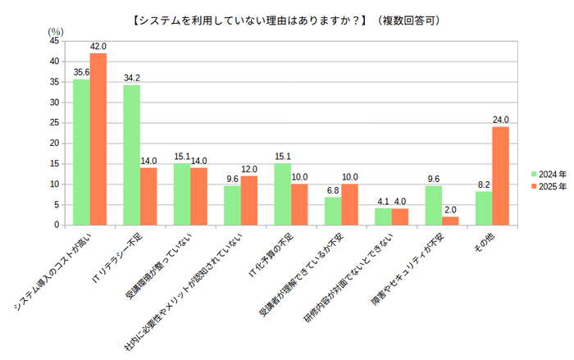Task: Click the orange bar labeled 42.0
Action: click(x=98, y=139)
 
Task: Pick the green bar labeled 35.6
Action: click(x=81, y=152)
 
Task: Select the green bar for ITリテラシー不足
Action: click(x=131, y=155)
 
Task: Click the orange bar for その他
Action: click(x=500, y=175)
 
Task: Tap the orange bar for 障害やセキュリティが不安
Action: click(x=450, y=221)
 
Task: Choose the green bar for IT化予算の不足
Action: click(x=282, y=194)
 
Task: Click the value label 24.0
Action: click(x=500, y=120)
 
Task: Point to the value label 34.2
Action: click(x=131, y=78)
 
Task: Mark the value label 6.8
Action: click(x=332, y=190)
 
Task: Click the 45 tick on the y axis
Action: click(x=53, y=40)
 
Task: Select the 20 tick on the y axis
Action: click(x=53, y=143)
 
